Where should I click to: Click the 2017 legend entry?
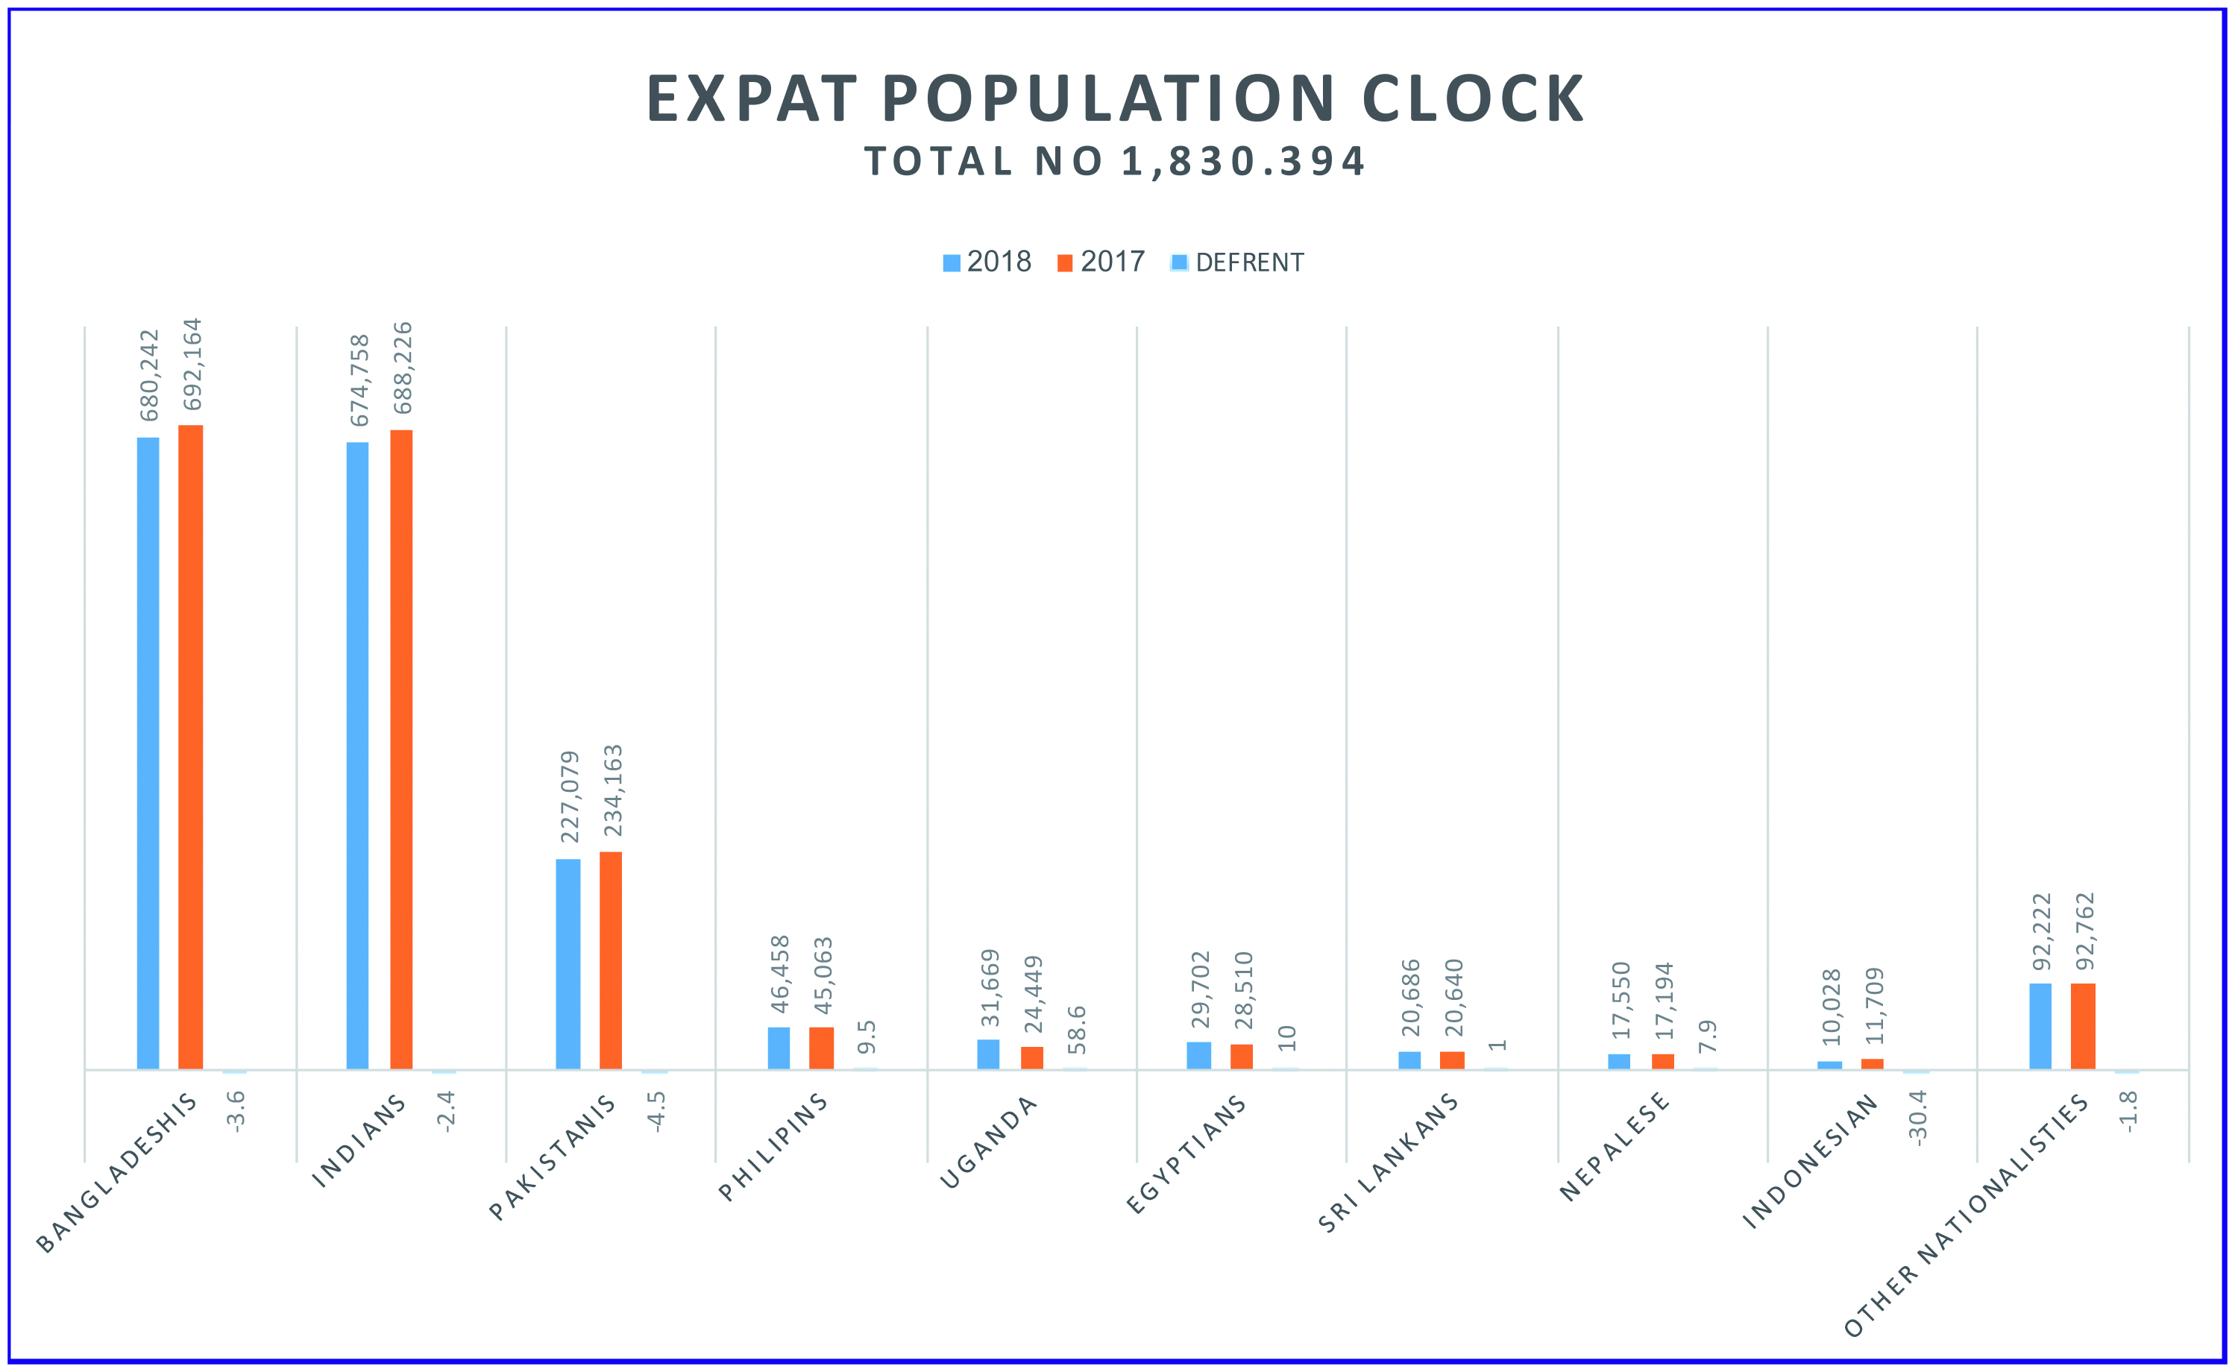[x=1101, y=262]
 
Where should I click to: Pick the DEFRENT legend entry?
[x=1238, y=263]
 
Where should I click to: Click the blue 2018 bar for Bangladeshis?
[x=148, y=753]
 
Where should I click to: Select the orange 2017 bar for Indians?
[x=401, y=749]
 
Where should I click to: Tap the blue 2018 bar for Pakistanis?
[x=568, y=963]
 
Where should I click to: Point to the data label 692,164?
[x=192, y=364]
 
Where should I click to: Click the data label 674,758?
[x=359, y=380]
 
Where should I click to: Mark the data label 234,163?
[x=614, y=790]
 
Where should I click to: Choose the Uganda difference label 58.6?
[x=1076, y=1029]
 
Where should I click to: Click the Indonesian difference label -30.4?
[x=1917, y=1117]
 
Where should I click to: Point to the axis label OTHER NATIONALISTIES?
[x=1967, y=1216]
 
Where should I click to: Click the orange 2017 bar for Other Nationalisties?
[x=2083, y=1026]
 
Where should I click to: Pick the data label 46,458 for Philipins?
[x=779, y=974]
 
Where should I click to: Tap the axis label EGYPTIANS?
[x=1187, y=1154]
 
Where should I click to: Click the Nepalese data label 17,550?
[x=1620, y=1000]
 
